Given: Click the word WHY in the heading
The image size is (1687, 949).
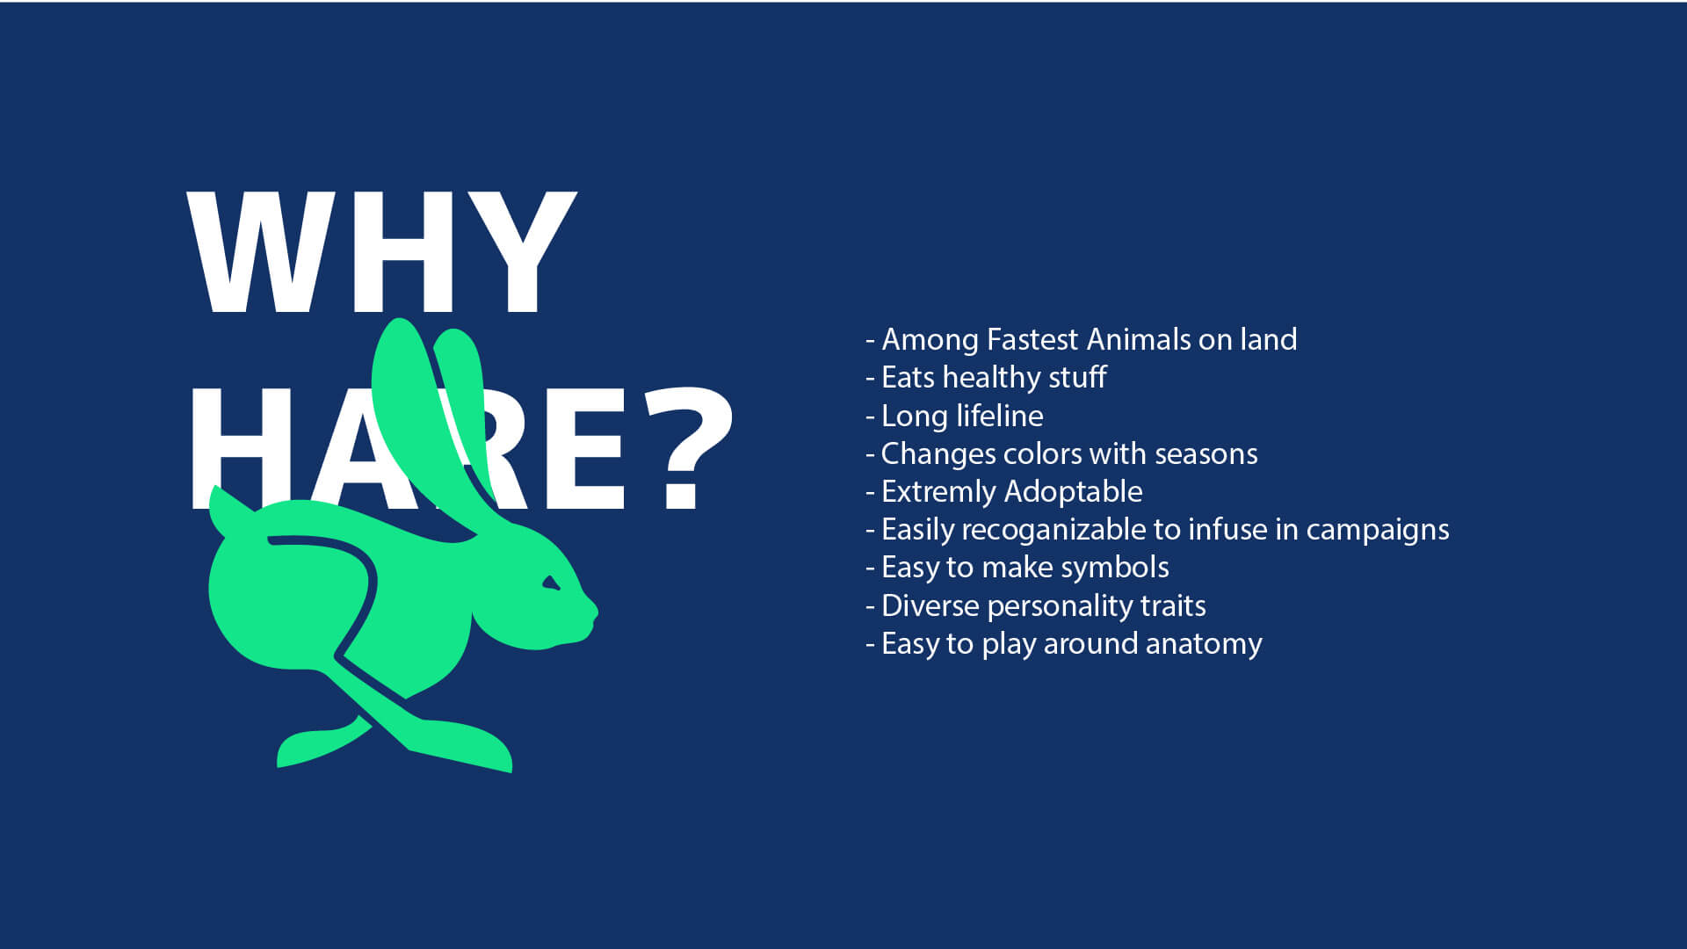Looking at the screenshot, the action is [381, 253].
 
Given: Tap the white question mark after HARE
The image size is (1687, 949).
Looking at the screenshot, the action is [688, 448].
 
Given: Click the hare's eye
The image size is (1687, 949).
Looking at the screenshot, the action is [551, 583].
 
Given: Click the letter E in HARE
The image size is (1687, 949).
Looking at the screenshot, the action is [580, 448].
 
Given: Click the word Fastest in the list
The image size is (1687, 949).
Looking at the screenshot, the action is [1032, 339].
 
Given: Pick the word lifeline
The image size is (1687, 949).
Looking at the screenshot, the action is [1000, 416].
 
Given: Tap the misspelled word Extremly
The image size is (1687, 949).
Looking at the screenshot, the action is [938, 492].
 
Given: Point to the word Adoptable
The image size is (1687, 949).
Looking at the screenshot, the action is [1074, 492].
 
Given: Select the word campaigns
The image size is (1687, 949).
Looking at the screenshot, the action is [1378, 530].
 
